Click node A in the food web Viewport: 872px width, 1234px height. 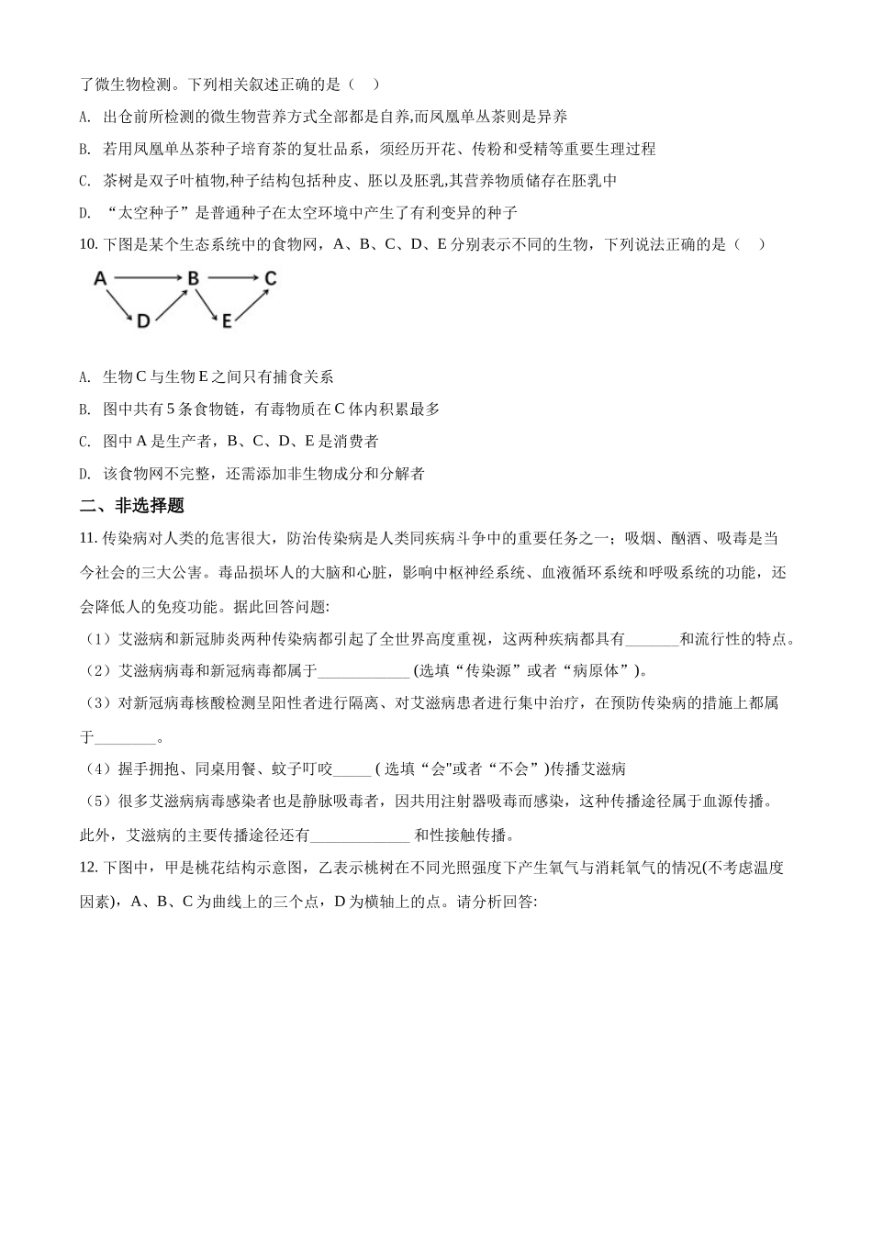[101, 278]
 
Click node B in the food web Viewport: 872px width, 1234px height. [194, 278]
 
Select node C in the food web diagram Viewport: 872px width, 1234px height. [270, 278]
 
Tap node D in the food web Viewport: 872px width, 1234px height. [143, 321]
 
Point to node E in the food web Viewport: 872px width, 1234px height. [225, 321]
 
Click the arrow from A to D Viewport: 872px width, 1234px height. [121, 300]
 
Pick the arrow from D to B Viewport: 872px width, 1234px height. [171, 303]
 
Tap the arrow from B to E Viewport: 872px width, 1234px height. [208, 301]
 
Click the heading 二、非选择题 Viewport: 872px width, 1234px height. [132, 505]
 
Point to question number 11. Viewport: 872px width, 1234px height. [88, 538]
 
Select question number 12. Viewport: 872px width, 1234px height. [88, 868]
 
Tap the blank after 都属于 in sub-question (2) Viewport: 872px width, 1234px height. [363, 670]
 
